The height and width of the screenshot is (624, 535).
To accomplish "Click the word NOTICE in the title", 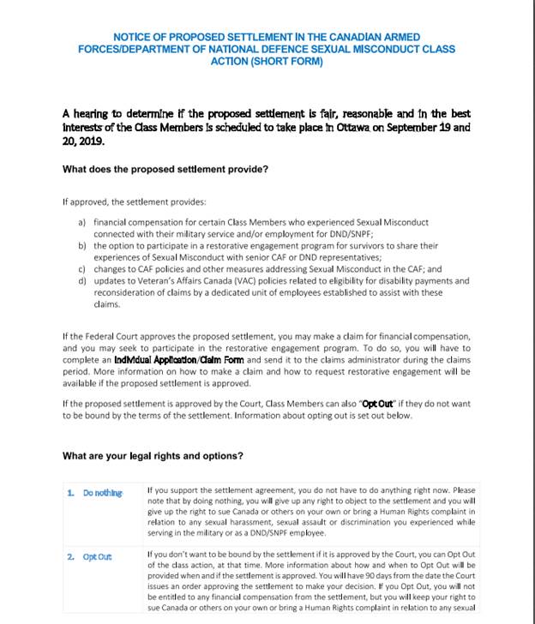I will click(x=133, y=38).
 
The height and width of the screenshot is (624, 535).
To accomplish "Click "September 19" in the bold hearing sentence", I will click(x=414, y=128).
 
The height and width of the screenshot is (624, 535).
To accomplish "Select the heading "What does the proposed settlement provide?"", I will click(x=165, y=169).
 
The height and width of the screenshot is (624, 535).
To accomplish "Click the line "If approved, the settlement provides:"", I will click(x=134, y=202).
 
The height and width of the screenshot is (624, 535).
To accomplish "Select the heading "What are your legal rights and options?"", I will click(x=153, y=456).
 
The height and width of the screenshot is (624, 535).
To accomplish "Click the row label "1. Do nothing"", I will click(x=95, y=493).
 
